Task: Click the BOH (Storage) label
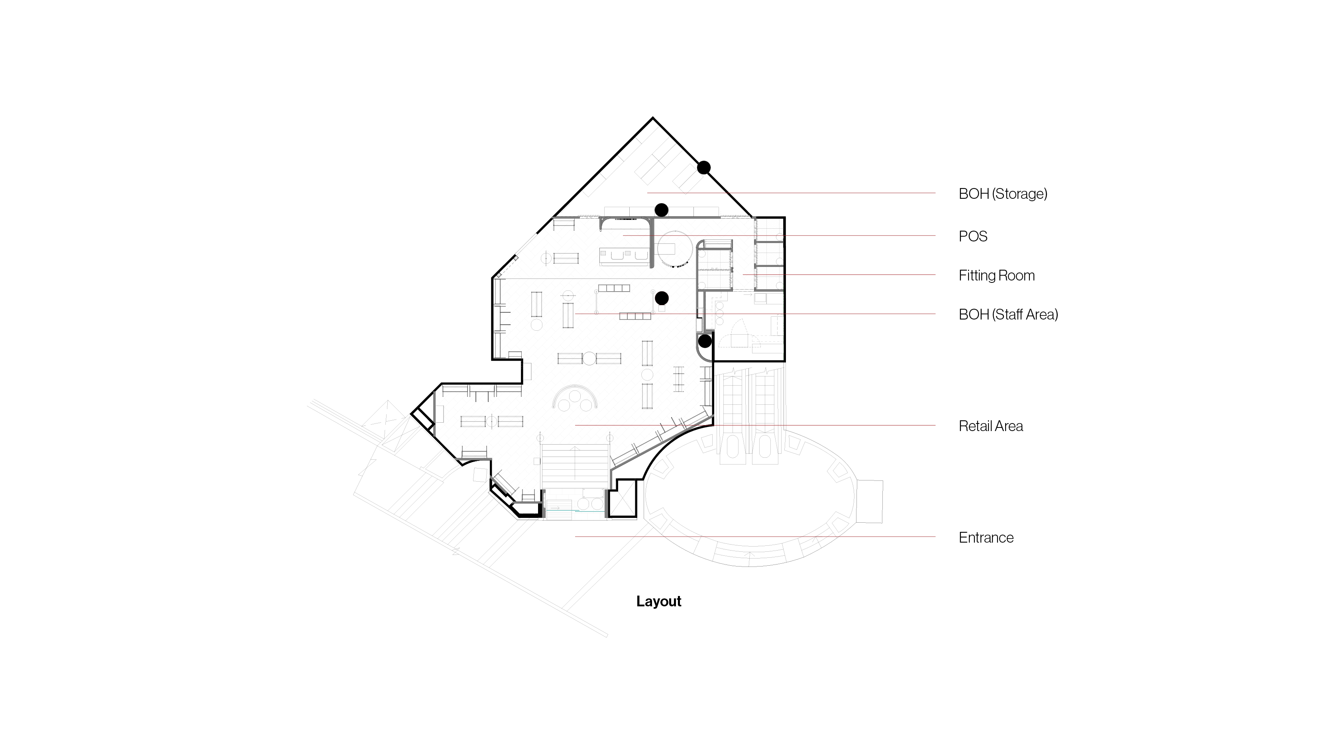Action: tap(1003, 194)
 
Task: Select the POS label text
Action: tap(972, 236)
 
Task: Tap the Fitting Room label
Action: tap(997, 276)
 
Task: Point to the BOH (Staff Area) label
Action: tap(1008, 314)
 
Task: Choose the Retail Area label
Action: tap(990, 426)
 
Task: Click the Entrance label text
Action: tap(986, 537)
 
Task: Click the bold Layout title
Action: tap(658, 602)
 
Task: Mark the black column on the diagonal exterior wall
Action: tap(703, 167)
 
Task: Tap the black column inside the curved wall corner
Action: tap(705, 341)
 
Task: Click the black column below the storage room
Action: tap(662, 210)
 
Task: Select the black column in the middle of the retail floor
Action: tap(662, 298)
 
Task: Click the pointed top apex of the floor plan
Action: tap(652, 118)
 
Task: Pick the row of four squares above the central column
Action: tap(614, 288)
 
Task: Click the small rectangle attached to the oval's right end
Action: tap(870, 501)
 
